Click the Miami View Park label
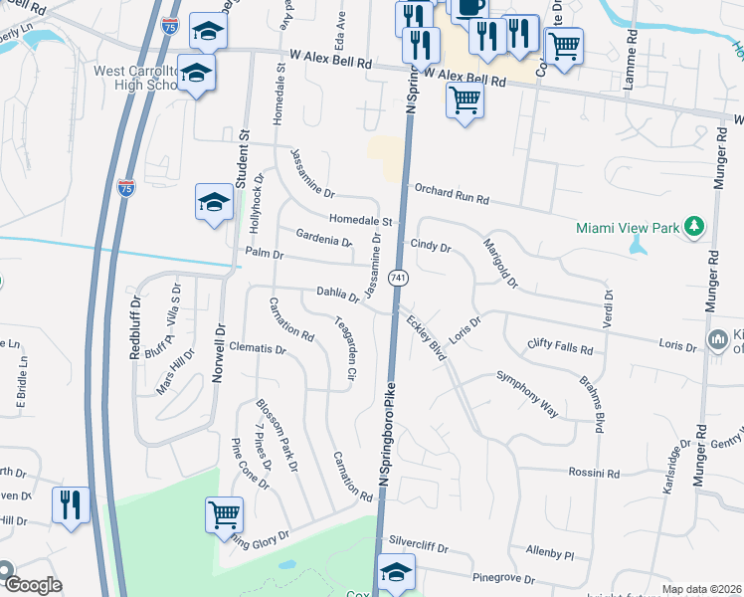628,228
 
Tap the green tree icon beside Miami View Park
693,228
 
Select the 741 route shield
398,276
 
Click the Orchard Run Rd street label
453,193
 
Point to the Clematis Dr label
258,350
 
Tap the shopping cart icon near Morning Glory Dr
225,514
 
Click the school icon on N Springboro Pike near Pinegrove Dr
397,572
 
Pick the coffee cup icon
469,6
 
